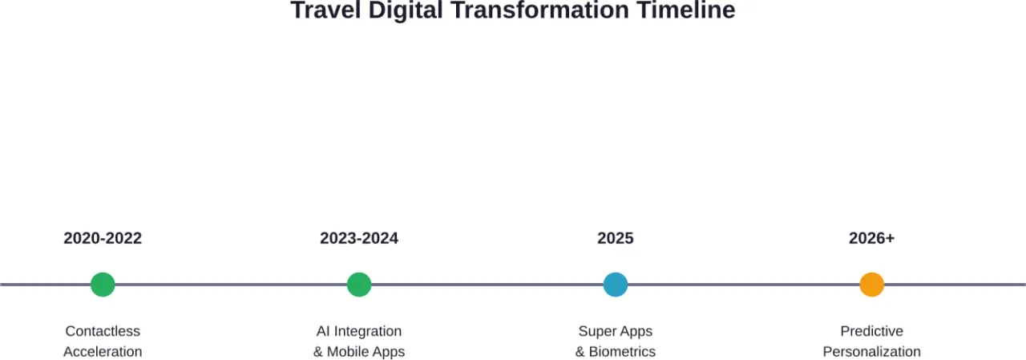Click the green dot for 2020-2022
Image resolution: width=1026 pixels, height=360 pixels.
[103, 285]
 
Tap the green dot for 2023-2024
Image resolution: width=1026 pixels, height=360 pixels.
[359, 285]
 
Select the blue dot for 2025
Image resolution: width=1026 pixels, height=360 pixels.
[616, 285]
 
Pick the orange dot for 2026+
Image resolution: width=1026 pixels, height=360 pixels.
[871, 285]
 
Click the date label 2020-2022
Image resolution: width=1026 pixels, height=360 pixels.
[103, 238]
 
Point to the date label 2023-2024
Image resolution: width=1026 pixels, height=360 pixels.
[359, 238]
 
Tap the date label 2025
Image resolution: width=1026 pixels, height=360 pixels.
[616, 238]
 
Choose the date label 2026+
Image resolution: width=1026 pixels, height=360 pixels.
[871, 238]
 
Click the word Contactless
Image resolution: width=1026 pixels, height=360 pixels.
[103, 331]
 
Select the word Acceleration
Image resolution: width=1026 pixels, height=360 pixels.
[103, 352]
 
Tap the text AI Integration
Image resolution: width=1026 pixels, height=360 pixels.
[359, 331]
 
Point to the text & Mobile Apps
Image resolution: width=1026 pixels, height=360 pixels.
[359, 352]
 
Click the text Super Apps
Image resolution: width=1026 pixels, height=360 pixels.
[616, 331]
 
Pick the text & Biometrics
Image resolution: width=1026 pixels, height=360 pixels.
[616, 352]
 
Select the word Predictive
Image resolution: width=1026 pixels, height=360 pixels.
[871, 331]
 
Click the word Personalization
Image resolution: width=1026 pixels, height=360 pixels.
[871, 352]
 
